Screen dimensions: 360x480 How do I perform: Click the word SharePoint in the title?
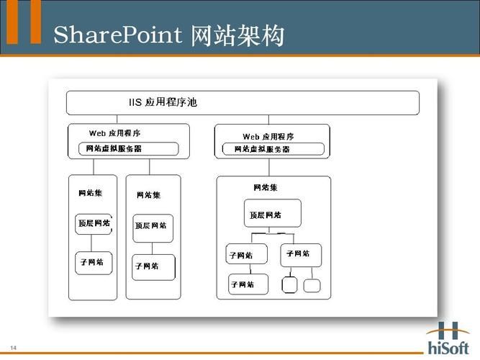pos(119,34)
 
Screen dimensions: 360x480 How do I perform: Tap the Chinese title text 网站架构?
pos(238,34)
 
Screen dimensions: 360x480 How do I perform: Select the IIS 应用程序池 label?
pos(163,102)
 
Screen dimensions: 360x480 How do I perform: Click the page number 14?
pos(13,348)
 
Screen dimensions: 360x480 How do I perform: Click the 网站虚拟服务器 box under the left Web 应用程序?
pos(128,149)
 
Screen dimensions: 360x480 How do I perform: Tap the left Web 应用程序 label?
pos(114,133)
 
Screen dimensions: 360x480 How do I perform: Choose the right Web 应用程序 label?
pos(268,136)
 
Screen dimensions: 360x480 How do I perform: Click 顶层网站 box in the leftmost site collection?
pos(93,223)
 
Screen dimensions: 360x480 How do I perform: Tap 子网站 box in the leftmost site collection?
pos(92,262)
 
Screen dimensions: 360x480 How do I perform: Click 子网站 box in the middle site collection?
pos(153,266)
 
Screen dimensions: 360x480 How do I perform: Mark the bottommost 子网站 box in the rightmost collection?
pos(248,284)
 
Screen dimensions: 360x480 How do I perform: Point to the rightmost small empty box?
pos(312,285)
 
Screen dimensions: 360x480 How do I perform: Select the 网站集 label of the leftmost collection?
pos(90,193)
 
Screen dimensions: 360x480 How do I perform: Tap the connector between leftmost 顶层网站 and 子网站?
pos(92,243)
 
